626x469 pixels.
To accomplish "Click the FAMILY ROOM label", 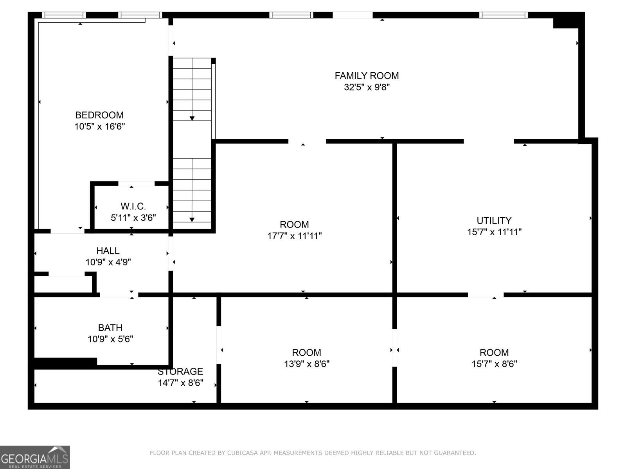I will pyautogui.click(x=367, y=75).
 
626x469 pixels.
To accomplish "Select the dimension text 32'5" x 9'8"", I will pyautogui.click(x=367, y=87).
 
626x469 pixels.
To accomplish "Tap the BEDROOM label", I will pyautogui.click(x=99, y=115).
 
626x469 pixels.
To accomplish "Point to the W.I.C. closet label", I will pyautogui.click(x=133, y=206).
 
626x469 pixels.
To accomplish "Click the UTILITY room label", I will pyautogui.click(x=494, y=220).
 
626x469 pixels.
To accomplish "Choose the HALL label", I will pyautogui.click(x=108, y=251).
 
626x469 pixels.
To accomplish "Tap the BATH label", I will pyautogui.click(x=110, y=328).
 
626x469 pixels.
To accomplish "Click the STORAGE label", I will pyautogui.click(x=180, y=371).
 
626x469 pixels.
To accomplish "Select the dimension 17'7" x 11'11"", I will pyautogui.click(x=294, y=236).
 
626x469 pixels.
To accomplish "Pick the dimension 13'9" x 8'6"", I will pyautogui.click(x=306, y=364).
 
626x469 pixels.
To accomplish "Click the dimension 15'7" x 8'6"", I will pyautogui.click(x=494, y=364).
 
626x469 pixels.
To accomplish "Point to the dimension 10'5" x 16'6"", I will pyautogui.click(x=99, y=127).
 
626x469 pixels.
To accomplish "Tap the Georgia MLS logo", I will pyautogui.click(x=35, y=457).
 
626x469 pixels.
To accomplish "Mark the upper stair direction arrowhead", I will pyautogui.click(x=192, y=118).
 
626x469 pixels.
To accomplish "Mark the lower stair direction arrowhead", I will pyautogui.click(x=192, y=220).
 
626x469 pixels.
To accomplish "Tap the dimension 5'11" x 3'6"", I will pyautogui.click(x=133, y=218).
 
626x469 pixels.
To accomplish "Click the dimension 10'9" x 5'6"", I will pyautogui.click(x=110, y=339).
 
